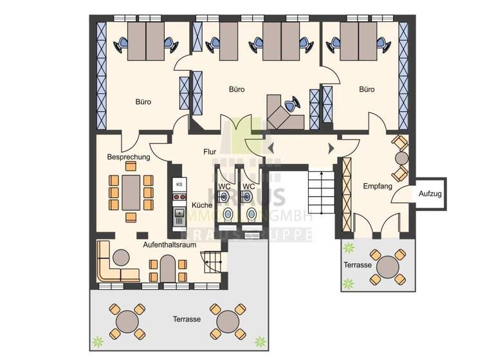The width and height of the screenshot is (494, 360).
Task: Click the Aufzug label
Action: tap(430, 194)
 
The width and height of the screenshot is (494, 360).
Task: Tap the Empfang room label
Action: tap(378, 186)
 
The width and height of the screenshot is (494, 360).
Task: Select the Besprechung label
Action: tap(129, 156)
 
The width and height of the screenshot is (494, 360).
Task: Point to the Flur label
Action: tap(210, 152)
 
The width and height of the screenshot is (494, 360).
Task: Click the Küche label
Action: tap(202, 205)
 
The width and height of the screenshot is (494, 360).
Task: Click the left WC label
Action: tap(224, 187)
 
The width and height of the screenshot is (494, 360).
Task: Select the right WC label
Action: tap(248, 187)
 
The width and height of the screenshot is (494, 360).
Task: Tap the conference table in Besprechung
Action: tap(131, 192)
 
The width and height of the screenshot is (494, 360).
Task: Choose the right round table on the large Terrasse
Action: tap(229, 319)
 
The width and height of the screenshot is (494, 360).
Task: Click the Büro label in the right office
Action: tap(367, 89)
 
